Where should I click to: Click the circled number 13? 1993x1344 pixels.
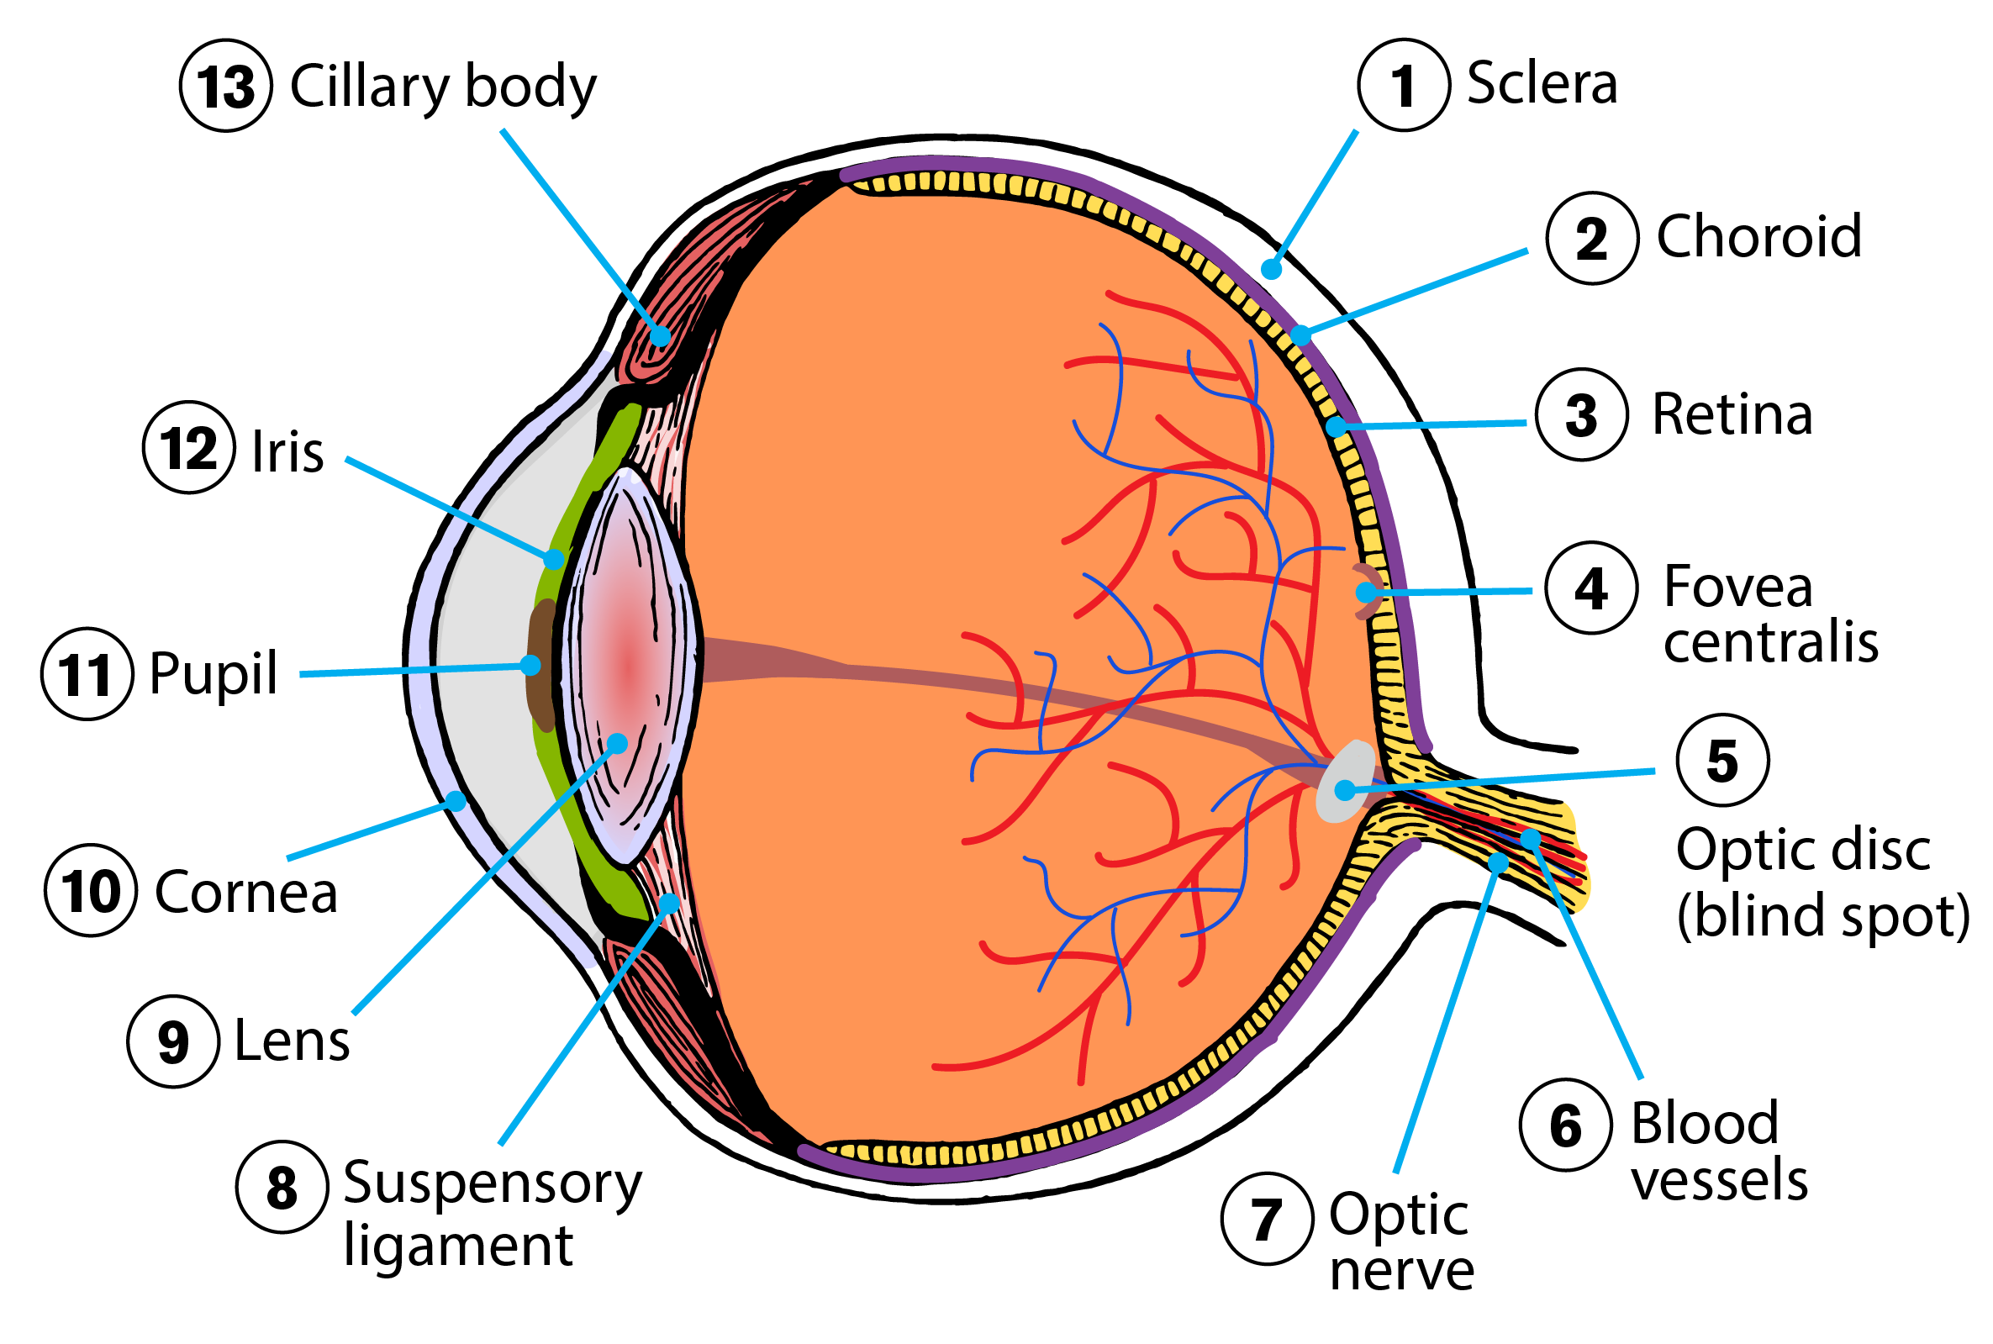(x=225, y=86)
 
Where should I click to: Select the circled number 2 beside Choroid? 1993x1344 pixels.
(x=1591, y=237)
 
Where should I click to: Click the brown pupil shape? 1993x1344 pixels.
(x=540, y=664)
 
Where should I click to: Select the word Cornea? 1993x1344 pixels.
(x=246, y=893)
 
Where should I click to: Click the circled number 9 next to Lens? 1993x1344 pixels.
(x=173, y=1041)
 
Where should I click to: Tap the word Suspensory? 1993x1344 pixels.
(x=492, y=1183)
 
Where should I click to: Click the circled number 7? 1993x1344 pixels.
(x=1266, y=1218)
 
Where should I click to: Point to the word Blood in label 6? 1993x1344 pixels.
(x=1703, y=1122)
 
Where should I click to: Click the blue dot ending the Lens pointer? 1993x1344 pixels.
(x=616, y=742)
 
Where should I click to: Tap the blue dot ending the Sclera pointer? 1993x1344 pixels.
(x=1270, y=270)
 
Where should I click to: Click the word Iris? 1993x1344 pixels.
(x=287, y=451)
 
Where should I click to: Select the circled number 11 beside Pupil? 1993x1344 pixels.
(x=87, y=674)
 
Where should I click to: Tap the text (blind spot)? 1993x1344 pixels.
(x=1822, y=914)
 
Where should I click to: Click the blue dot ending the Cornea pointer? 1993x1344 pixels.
(x=456, y=801)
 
